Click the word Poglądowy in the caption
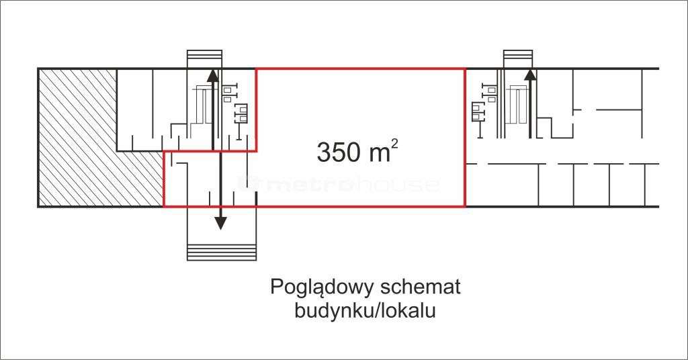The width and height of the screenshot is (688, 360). (x=322, y=287)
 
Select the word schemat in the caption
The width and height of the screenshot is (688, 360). (x=421, y=287)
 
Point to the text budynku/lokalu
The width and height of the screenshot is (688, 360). (x=365, y=311)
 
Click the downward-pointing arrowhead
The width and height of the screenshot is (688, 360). (x=220, y=223)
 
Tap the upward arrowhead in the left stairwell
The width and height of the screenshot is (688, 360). (x=213, y=75)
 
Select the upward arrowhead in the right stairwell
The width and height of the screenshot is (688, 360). (x=531, y=75)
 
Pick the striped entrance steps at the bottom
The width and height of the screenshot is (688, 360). (x=222, y=252)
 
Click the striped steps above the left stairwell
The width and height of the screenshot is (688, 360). (x=204, y=58)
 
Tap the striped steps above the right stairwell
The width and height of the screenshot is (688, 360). (x=518, y=58)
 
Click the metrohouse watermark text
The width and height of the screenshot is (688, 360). (x=339, y=184)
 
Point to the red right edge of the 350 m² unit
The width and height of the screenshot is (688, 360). (x=465, y=137)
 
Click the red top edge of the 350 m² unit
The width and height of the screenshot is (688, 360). (x=361, y=69)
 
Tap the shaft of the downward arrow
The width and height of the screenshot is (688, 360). (x=220, y=184)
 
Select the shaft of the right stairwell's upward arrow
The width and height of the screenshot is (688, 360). (x=531, y=109)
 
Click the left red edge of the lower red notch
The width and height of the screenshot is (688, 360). (x=164, y=179)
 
